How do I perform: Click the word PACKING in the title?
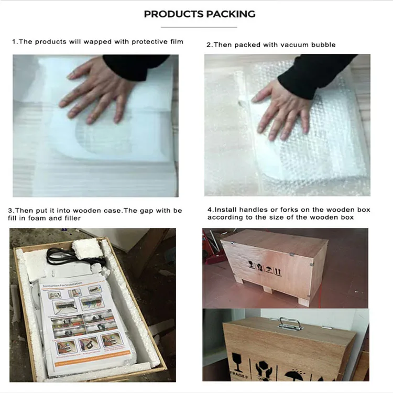click(x=230, y=14)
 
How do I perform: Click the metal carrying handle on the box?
click(x=288, y=323)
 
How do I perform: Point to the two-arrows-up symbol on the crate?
click(x=278, y=271)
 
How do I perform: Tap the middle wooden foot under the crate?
click(x=267, y=289)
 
